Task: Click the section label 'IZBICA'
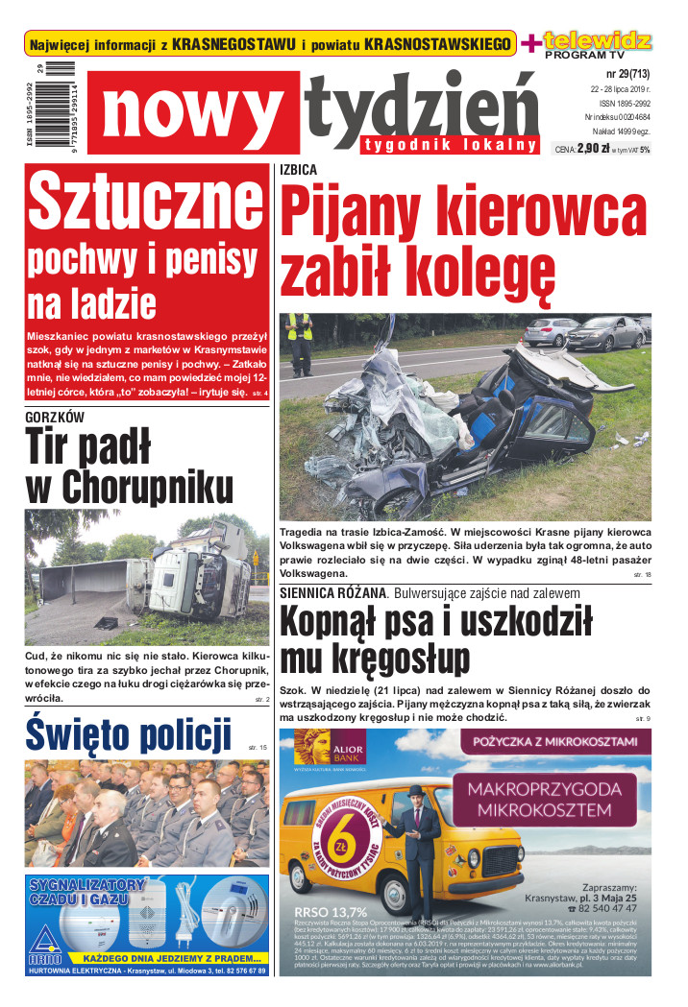pos(298,169)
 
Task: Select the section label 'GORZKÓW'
pos(55,417)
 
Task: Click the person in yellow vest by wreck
pos(301,342)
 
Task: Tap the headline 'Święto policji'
pos(129,735)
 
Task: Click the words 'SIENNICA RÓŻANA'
pos(332,592)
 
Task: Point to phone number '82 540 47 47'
pos(608,907)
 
